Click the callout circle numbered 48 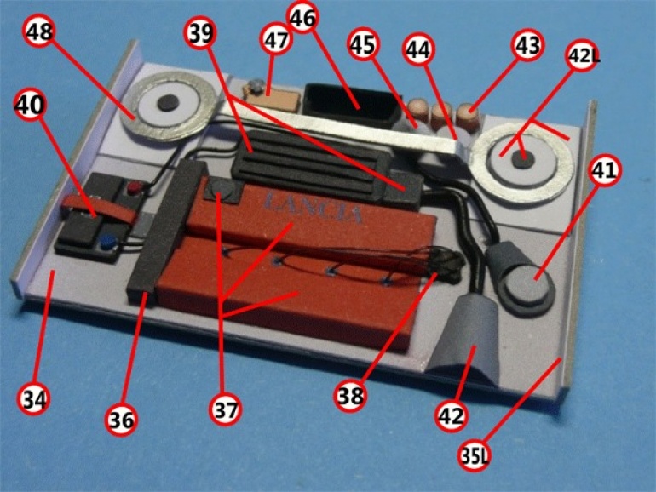(40, 31)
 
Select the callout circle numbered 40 (30, 105)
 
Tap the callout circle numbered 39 (200, 33)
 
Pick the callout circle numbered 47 (276, 40)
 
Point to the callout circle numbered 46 (302, 17)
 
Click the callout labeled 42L (583, 55)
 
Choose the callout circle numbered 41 (605, 170)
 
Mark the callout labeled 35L (474, 455)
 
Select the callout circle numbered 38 (350, 396)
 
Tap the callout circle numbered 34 (33, 399)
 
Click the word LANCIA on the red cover (314, 208)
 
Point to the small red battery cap (135, 187)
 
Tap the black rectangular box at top (351, 103)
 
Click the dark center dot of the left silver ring (169, 101)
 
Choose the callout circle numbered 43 (527, 44)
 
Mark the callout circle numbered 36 (121, 420)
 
